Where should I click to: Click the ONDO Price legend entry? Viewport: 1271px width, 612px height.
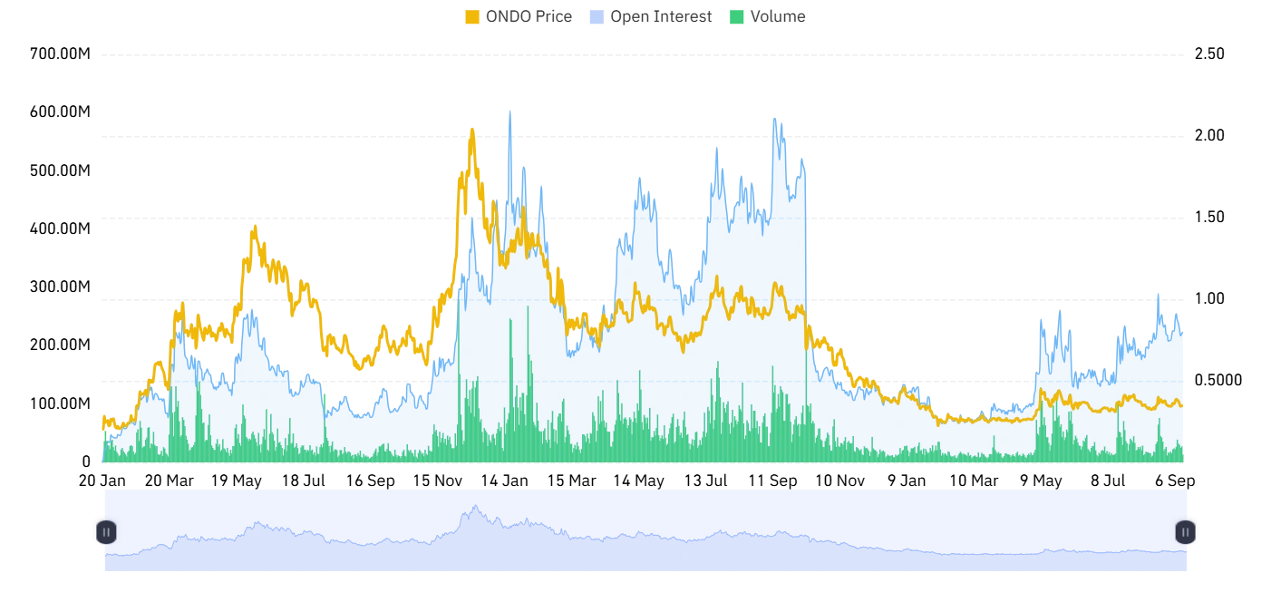pos(519,16)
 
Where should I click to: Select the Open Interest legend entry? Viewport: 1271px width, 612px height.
pos(651,16)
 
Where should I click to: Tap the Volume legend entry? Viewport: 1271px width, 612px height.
pos(768,16)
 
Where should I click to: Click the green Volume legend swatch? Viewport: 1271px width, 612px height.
pos(736,17)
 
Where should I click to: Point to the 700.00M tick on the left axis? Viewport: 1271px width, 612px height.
pos(60,53)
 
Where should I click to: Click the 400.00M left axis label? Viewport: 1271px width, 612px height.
pos(60,228)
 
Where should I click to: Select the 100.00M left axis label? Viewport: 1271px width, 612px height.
pos(60,403)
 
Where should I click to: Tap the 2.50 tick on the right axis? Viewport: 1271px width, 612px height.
pos(1209,53)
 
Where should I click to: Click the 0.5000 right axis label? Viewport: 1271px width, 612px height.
pos(1218,380)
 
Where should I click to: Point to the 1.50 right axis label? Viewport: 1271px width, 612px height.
pos(1209,217)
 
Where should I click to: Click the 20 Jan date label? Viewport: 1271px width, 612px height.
pos(102,481)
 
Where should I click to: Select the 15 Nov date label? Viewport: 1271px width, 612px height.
pos(438,481)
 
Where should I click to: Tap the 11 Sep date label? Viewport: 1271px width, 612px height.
pos(772,481)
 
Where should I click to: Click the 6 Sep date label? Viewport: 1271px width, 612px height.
pos(1175,481)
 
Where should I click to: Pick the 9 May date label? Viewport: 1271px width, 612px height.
pos(1041,481)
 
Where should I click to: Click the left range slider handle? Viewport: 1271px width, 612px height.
pos(106,532)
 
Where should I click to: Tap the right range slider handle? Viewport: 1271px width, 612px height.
pos(1185,532)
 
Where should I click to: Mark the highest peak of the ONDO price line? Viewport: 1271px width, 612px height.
pos(472,130)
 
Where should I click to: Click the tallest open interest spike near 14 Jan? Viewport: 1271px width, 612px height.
pos(509,112)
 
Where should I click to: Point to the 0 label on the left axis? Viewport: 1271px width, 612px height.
pos(86,462)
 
